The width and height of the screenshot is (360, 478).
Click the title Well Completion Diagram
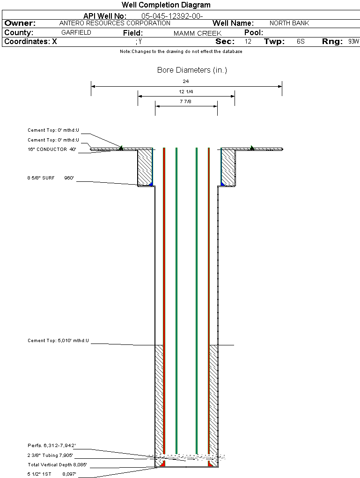[x=166, y=5]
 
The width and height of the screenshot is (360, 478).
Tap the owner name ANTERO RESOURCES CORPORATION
[x=115, y=23]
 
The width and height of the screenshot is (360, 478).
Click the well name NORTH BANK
[x=289, y=23]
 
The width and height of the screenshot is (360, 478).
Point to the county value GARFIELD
[x=76, y=33]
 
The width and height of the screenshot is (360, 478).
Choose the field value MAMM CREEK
[x=197, y=33]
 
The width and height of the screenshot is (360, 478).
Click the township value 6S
[x=301, y=42]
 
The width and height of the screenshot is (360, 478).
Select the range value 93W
[x=353, y=42]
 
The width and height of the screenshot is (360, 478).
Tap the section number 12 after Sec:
[x=248, y=42]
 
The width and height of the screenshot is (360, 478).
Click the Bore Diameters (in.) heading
[x=192, y=70]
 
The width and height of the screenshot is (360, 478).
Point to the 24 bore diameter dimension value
[x=186, y=81]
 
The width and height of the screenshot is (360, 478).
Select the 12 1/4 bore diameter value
[x=186, y=91]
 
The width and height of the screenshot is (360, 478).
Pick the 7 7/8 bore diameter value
[x=186, y=101]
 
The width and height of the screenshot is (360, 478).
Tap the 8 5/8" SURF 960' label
[x=51, y=178]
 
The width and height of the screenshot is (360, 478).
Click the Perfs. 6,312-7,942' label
[x=51, y=445]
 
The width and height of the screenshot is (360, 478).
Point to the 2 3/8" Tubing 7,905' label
[x=51, y=455]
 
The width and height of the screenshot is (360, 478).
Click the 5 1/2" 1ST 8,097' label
[x=51, y=474]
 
